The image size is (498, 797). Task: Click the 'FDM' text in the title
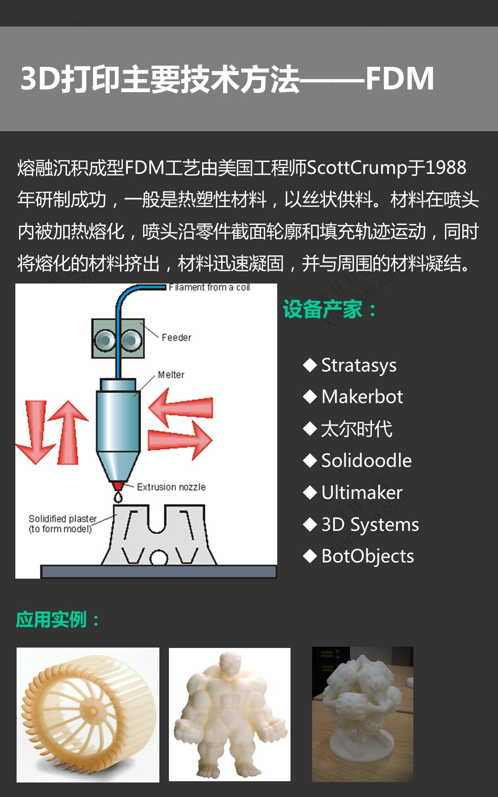coord(400,78)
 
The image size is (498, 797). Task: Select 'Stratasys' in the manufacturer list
coord(359,365)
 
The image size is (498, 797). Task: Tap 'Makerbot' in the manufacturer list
coord(362,397)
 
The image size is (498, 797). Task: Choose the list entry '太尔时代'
coord(357,429)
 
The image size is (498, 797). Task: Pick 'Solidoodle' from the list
coord(366,461)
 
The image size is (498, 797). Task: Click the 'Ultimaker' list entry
coord(362,493)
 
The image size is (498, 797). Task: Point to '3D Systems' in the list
coord(370,525)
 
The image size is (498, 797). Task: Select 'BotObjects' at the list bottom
coord(368,556)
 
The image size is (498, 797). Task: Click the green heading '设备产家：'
coord(330,310)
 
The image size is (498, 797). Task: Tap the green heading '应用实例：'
coord(58,620)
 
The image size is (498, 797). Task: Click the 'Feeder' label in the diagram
coord(176,337)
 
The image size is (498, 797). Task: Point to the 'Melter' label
coord(171,375)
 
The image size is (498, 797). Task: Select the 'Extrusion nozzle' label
coord(171,487)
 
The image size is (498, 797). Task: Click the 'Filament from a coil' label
coord(209,287)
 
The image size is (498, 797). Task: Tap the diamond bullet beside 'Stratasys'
coord(310,365)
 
